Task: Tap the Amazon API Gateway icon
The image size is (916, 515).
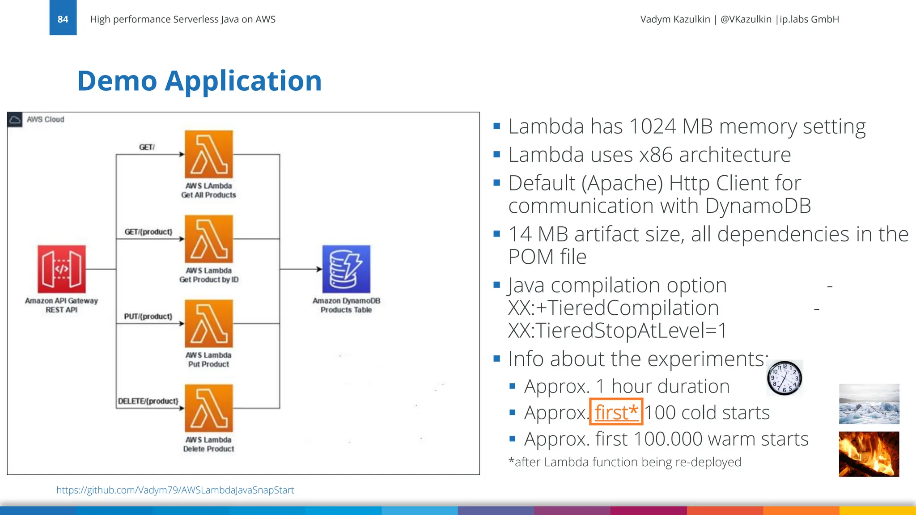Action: (62, 269)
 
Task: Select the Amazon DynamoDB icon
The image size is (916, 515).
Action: (346, 269)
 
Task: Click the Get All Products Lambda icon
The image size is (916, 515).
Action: (209, 154)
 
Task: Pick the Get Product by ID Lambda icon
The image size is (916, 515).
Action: (209, 239)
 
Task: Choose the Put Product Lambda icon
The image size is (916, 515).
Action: (209, 323)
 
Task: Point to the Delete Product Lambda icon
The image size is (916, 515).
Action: (209, 408)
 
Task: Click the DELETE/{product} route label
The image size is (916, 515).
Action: (148, 401)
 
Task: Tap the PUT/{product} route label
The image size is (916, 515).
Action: (148, 317)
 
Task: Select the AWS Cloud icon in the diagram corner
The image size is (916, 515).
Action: (15, 120)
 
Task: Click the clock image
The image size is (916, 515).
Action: (785, 378)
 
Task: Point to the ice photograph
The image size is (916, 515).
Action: (869, 404)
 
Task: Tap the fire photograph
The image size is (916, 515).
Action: (869, 454)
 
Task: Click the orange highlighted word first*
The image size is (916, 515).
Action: (616, 412)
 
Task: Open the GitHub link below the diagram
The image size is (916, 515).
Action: (175, 490)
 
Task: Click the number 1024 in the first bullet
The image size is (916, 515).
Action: (653, 127)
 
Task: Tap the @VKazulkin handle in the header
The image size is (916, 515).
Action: (746, 19)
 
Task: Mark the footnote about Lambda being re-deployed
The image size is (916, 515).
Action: (625, 462)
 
